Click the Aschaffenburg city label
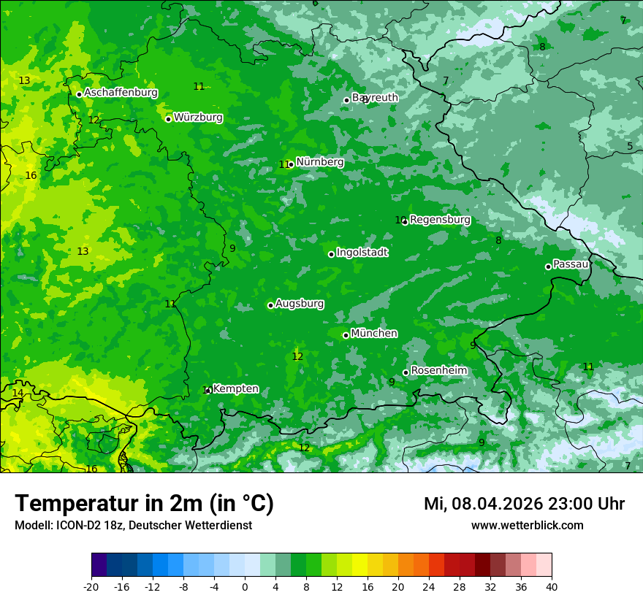coord(121,93)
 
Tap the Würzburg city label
coord(198,118)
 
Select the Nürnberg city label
coord(319,162)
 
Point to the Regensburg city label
coord(440,220)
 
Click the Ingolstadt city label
coord(362,253)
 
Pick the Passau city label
coord(571,264)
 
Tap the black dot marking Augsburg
coord(270,305)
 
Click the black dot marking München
coord(346,335)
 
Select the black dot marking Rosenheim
coord(406,372)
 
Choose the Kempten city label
coord(235,388)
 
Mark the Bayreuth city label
coord(376,98)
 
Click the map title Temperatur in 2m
coord(144,504)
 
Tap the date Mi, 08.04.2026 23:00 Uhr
coord(524,504)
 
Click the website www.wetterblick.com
coord(527,526)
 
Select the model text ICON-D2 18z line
coord(133,526)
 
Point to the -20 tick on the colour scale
coord(91,586)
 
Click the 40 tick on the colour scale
coord(552,586)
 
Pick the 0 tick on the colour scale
coord(245,586)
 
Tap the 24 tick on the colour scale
coord(429,586)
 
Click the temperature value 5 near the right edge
coord(630,147)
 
